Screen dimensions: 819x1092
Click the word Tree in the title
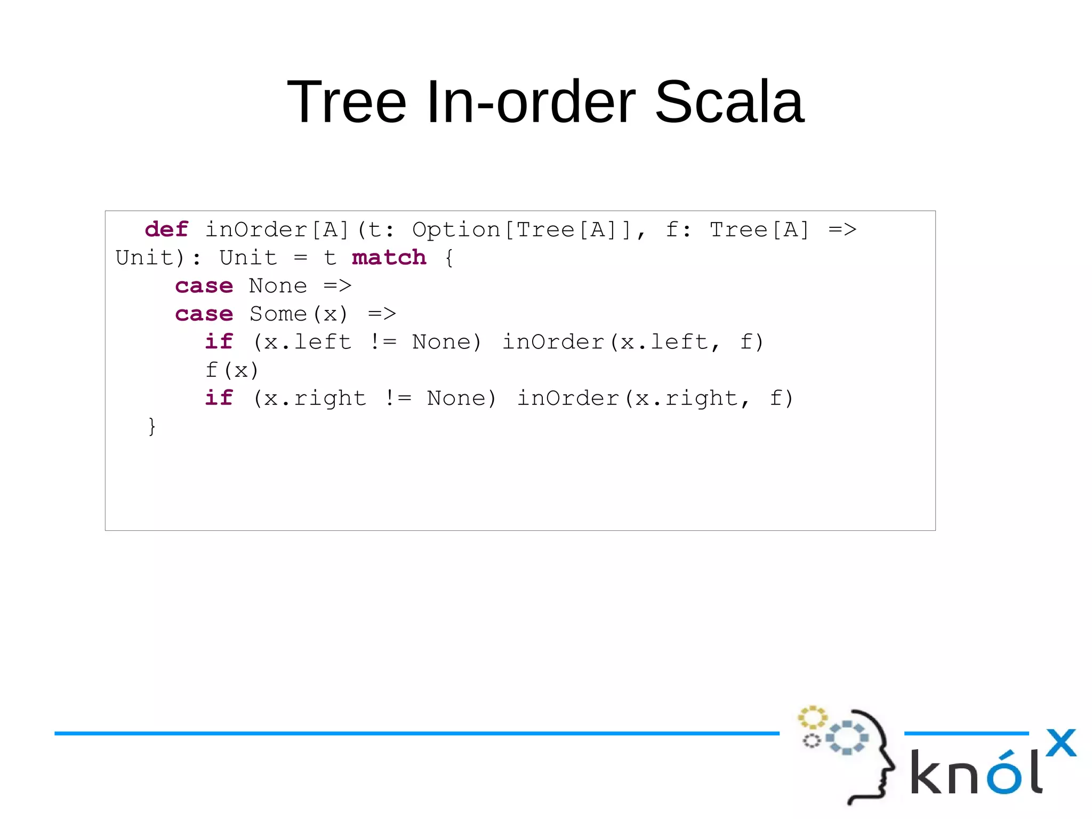click(x=347, y=101)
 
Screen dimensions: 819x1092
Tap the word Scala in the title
click(x=729, y=101)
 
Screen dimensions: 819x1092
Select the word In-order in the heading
click(x=531, y=101)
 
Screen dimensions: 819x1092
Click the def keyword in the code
click(x=166, y=229)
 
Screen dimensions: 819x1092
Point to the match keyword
click(x=389, y=258)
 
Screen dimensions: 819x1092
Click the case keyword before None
click(x=204, y=286)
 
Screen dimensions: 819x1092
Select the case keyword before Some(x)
click(x=204, y=314)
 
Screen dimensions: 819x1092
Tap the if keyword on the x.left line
click(x=219, y=342)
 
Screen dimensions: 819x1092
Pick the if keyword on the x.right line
click(x=219, y=399)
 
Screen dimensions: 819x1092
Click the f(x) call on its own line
click(x=232, y=370)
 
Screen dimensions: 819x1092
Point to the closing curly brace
click(x=152, y=426)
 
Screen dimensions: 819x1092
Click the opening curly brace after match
click(x=449, y=258)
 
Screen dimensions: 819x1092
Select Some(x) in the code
click(x=299, y=314)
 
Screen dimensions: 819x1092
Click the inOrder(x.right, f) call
click(x=655, y=399)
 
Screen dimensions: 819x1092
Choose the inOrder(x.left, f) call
click(x=633, y=342)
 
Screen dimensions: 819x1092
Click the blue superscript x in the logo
click(x=1061, y=743)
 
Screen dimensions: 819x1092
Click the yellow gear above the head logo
click(x=812, y=717)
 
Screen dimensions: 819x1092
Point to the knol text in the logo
click(x=976, y=773)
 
